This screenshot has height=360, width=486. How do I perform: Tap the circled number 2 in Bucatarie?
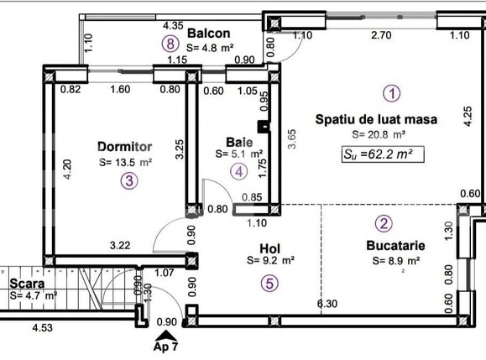click(x=383, y=223)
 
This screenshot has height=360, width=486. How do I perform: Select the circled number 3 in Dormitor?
click(x=128, y=180)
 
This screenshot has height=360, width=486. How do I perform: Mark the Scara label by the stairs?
click(x=28, y=282)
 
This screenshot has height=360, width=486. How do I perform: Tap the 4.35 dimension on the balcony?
click(x=174, y=26)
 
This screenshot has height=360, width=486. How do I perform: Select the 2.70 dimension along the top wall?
click(x=382, y=35)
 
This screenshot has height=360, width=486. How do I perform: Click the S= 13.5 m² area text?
click(x=125, y=162)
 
